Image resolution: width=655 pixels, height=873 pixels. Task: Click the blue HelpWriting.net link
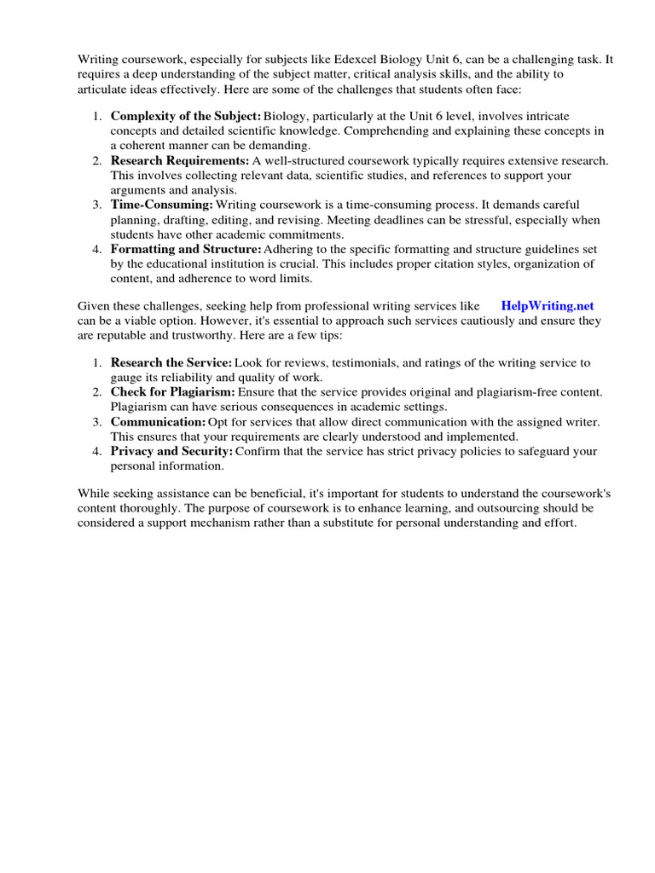(548, 305)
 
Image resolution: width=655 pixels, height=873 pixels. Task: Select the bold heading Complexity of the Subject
(186, 116)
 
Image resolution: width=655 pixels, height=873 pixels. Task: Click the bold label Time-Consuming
(162, 205)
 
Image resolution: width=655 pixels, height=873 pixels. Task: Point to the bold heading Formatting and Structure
(186, 250)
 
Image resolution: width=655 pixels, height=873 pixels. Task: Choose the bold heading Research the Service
(171, 363)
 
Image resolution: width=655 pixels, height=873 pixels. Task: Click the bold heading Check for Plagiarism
(173, 391)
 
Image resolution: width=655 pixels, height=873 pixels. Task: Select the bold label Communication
(159, 422)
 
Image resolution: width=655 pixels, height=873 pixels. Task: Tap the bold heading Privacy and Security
(171, 452)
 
